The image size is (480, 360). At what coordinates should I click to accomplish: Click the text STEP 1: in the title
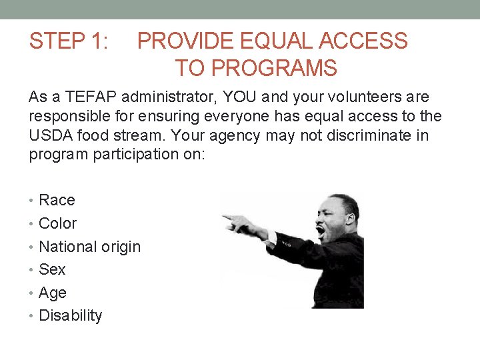click(x=69, y=41)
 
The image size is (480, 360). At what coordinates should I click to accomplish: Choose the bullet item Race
click(x=57, y=200)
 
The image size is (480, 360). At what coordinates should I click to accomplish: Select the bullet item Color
click(x=58, y=223)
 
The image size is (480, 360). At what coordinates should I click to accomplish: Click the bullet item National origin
click(x=90, y=247)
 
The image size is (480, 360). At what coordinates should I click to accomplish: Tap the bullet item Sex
click(x=52, y=269)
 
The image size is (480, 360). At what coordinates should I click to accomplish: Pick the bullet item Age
click(x=53, y=293)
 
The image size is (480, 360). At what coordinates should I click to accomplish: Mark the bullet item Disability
click(x=71, y=315)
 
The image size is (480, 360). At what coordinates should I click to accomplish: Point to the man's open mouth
click(x=322, y=233)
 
